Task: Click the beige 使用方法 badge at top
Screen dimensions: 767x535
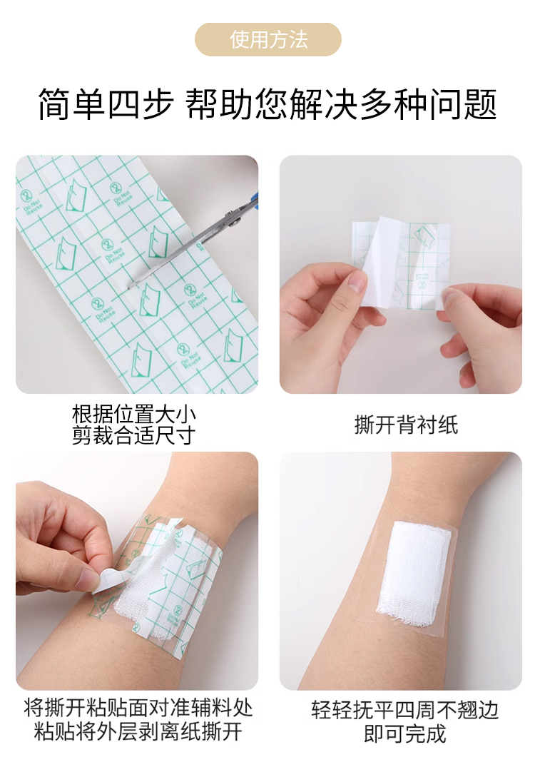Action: click(x=267, y=39)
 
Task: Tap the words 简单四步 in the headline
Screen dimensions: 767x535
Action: click(x=106, y=104)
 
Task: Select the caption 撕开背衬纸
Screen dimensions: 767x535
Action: click(x=406, y=425)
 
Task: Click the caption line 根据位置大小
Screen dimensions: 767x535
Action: click(x=134, y=415)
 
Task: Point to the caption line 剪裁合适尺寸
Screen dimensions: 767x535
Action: click(x=134, y=435)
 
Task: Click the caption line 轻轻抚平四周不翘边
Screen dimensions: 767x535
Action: click(x=404, y=711)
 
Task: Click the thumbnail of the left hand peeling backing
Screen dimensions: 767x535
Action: click(x=357, y=282)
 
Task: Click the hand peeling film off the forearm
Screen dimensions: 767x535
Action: click(x=57, y=535)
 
